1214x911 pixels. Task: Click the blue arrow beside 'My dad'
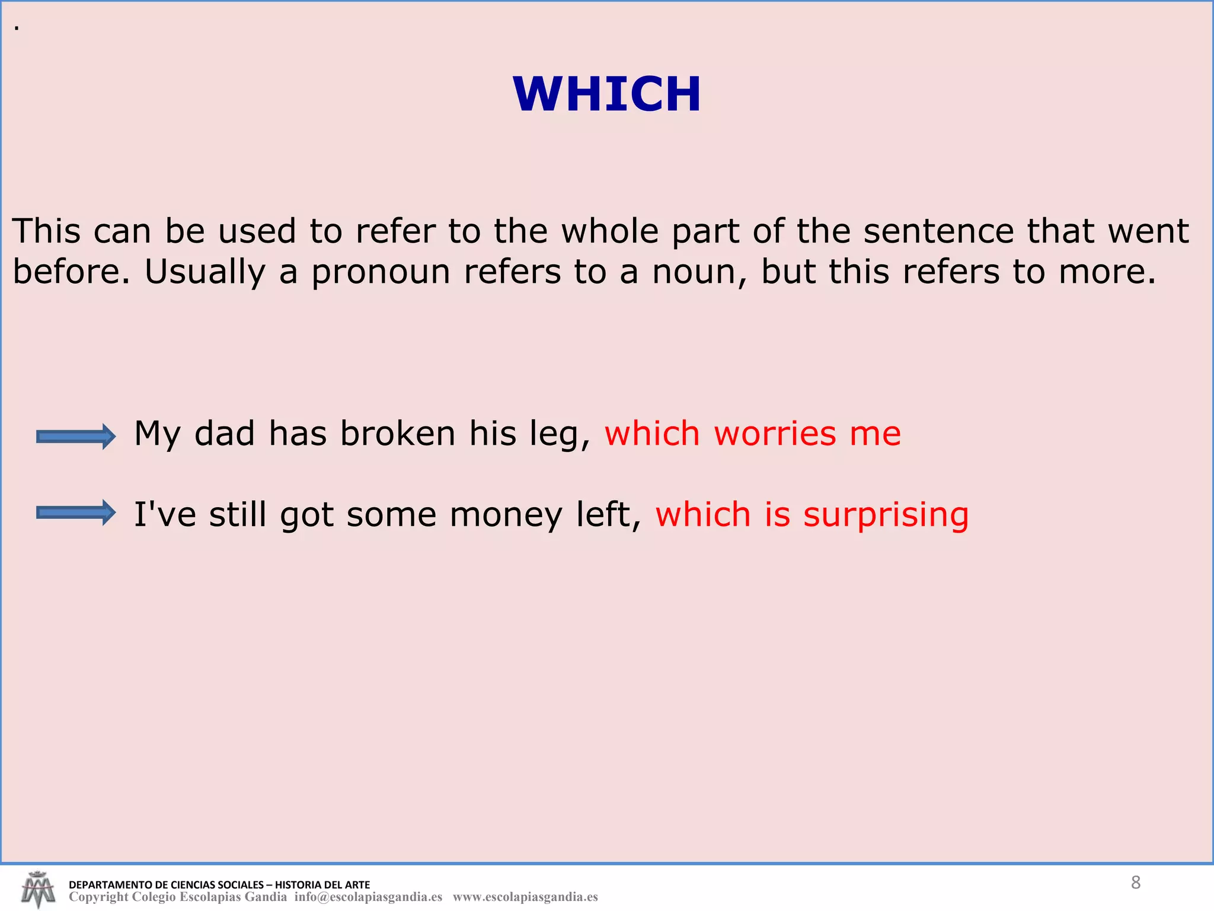tap(76, 437)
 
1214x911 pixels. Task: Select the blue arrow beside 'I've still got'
tap(76, 512)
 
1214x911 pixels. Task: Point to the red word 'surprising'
tap(886, 515)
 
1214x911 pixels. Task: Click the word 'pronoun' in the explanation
tap(381, 272)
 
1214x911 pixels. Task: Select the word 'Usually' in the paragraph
tap(205, 272)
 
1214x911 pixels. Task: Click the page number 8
tap(1135, 883)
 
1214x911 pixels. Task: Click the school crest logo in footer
tap(38, 889)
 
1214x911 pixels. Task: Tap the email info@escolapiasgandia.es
tap(368, 897)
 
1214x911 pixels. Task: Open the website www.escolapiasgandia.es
tap(525, 897)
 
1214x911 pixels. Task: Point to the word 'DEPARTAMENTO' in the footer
tap(110, 885)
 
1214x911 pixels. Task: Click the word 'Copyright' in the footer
tap(98, 897)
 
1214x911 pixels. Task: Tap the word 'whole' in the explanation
tap(610, 231)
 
